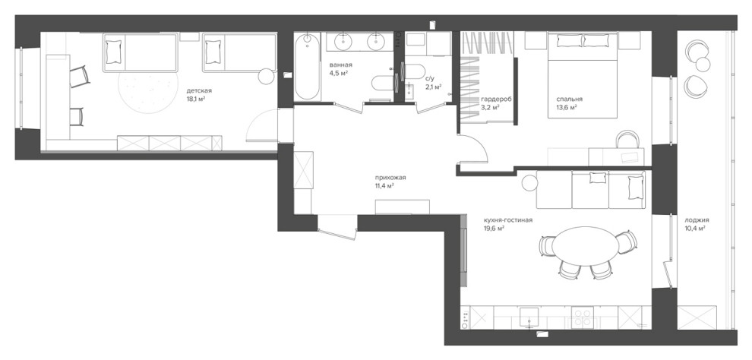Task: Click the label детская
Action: tap(199, 90)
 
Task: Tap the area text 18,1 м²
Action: tap(196, 99)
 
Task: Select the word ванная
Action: tap(341, 65)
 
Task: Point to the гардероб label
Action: tap(495, 99)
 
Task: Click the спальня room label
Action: tap(569, 99)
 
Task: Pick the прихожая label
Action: tap(390, 178)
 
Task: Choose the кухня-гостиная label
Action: tap(508, 220)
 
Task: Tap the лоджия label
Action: tap(697, 220)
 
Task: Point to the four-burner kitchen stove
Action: tap(582, 317)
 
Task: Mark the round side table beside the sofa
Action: tap(530, 182)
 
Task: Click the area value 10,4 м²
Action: tap(694, 229)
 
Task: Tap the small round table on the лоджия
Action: tap(703, 65)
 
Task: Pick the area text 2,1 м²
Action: tap(433, 88)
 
